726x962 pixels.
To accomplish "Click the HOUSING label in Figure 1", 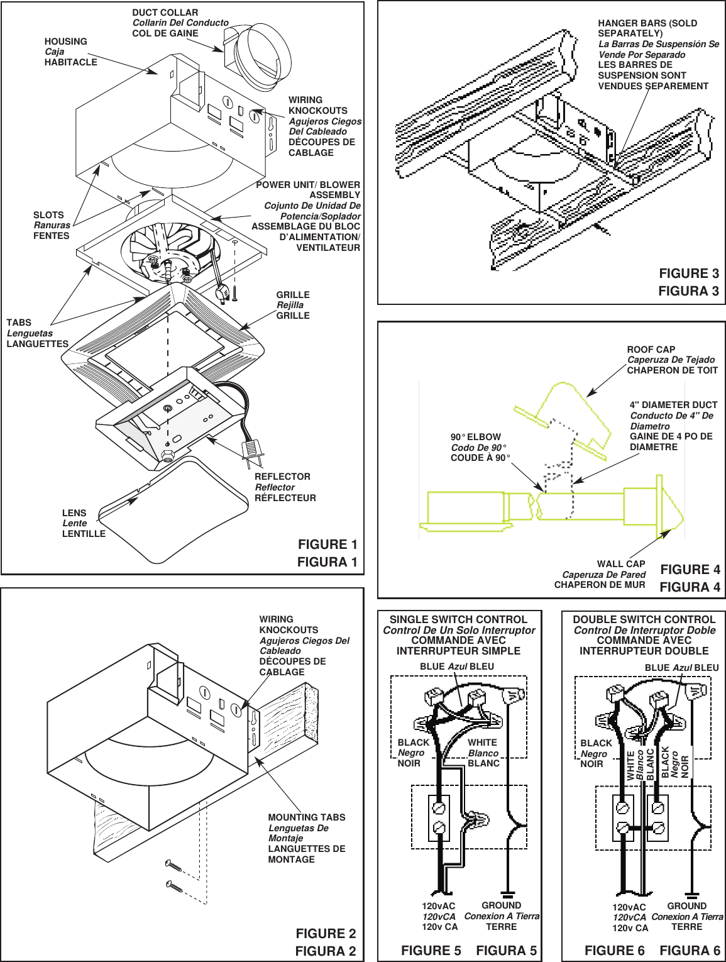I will tap(66, 41).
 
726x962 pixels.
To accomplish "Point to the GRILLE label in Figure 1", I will tap(293, 295).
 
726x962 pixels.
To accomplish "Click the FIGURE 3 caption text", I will tap(688, 274).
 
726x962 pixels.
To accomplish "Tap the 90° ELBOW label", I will tap(476, 437).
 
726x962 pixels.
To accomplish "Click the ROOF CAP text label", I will tap(651, 350).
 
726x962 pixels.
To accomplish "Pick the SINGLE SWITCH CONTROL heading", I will tap(458, 620).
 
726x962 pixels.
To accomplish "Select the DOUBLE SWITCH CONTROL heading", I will tap(644, 620).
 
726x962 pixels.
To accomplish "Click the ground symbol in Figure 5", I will tap(508, 893).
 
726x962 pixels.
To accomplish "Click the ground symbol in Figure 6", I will tap(692, 894).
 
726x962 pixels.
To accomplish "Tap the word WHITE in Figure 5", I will tap(482, 743).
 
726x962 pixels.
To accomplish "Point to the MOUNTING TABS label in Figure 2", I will tap(307, 817).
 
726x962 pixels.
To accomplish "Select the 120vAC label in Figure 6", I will tap(629, 907).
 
